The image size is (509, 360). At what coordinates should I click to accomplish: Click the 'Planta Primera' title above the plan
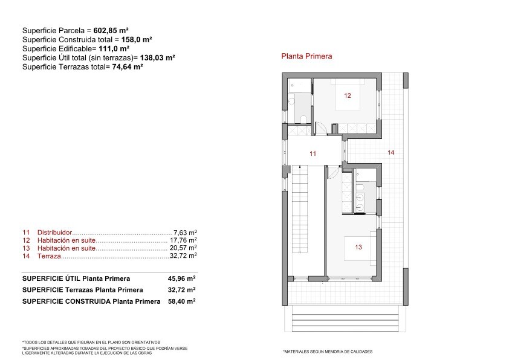pos(306,56)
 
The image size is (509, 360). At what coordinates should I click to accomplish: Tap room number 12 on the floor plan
pos(348,95)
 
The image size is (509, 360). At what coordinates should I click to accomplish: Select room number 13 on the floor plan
pos(358,247)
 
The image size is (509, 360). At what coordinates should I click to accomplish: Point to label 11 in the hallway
pos(313,153)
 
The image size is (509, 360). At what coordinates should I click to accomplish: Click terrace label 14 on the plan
pos(391,152)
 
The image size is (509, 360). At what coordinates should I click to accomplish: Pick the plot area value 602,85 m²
pos(111,30)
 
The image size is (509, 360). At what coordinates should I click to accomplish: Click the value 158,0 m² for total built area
pos(137,40)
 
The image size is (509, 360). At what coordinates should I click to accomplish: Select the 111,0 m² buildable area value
pos(114,49)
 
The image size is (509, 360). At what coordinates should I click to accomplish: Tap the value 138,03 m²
pos(157,58)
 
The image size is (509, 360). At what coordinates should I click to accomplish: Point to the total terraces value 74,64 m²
pos(128,67)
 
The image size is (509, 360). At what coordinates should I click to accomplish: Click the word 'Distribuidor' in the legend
pos(54,233)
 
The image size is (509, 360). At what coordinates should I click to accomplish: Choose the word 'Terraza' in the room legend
pos(49,256)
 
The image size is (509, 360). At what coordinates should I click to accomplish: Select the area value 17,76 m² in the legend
pos(183,240)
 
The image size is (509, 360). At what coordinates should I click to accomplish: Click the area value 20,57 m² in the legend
pos(183,248)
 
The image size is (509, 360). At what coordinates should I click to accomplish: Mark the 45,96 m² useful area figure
pos(181,278)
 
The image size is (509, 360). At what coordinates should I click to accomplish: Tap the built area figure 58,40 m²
pos(181,301)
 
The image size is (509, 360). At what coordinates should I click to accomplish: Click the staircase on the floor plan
pos(300,209)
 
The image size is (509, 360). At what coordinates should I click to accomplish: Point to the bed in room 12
pos(348,94)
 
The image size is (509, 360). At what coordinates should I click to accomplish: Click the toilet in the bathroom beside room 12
pos(303,120)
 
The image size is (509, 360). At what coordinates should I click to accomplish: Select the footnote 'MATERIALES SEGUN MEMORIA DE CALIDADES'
pos(328,352)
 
